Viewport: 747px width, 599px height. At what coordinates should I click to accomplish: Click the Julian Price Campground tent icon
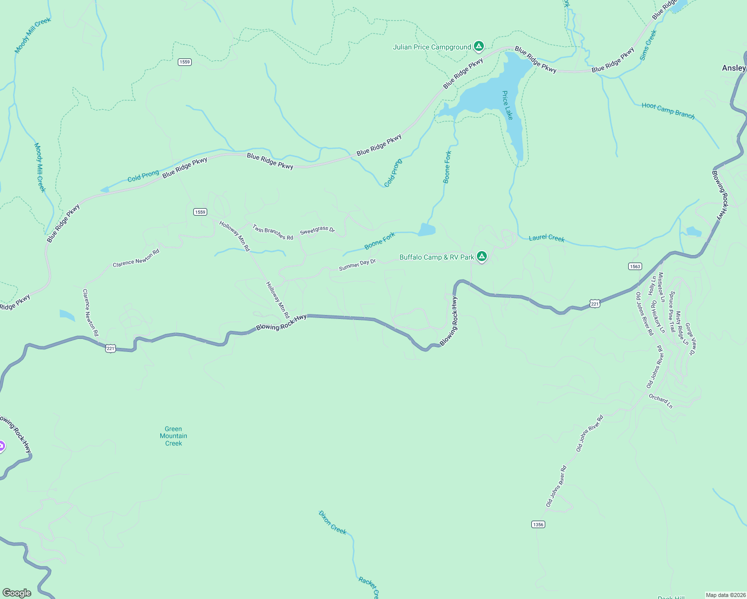pyautogui.click(x=478, y=46)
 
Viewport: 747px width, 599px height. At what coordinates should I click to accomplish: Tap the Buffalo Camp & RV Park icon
pyautogui.click(x=481, y=257)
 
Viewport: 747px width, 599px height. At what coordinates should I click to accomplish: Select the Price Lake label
pyautogui.click(x=507, y=105)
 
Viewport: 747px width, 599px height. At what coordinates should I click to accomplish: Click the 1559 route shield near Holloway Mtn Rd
pyautogui.click(x=200, y=212)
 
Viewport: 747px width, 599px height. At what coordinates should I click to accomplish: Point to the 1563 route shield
pyautogui.click(x=635, y=267)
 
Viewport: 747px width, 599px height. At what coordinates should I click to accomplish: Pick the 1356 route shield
pyautogui.click(x=538, y=525)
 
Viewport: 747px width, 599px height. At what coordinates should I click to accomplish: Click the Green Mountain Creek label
pyautogui.click(x=173, y=436)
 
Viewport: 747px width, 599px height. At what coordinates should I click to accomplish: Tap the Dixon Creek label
pyautogui.click(x=333, y=523)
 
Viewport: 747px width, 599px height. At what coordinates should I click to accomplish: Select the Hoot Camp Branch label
pyautogui.click(x=668, y=111)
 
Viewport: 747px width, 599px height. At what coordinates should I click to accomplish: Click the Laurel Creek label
pyautogui.click(x=546, y=238)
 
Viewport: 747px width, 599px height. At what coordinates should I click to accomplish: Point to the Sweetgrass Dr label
pyautogui.click(x=317, y=230)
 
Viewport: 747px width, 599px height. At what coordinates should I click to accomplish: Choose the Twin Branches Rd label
pyautogui.click(x=273, y=232)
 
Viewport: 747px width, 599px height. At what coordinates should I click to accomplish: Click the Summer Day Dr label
pyautogui.click(x=357, y=265)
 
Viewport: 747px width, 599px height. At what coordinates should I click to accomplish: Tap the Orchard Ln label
pyautogui.click(x=661, y=401)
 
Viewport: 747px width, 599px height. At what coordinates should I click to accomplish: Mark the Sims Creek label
pyautogui.click(x=648, y=45)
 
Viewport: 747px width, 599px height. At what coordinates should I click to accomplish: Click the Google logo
pyautogui.click(x=16, y=593)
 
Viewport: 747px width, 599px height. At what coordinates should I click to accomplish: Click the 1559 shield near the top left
pyautogui.click(x=185, y=62)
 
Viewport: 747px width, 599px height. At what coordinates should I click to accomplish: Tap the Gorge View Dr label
pyautogui.click(x=690, y=339)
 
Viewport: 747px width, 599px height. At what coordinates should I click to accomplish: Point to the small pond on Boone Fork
pyautogui.click(x=427, y=230)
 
